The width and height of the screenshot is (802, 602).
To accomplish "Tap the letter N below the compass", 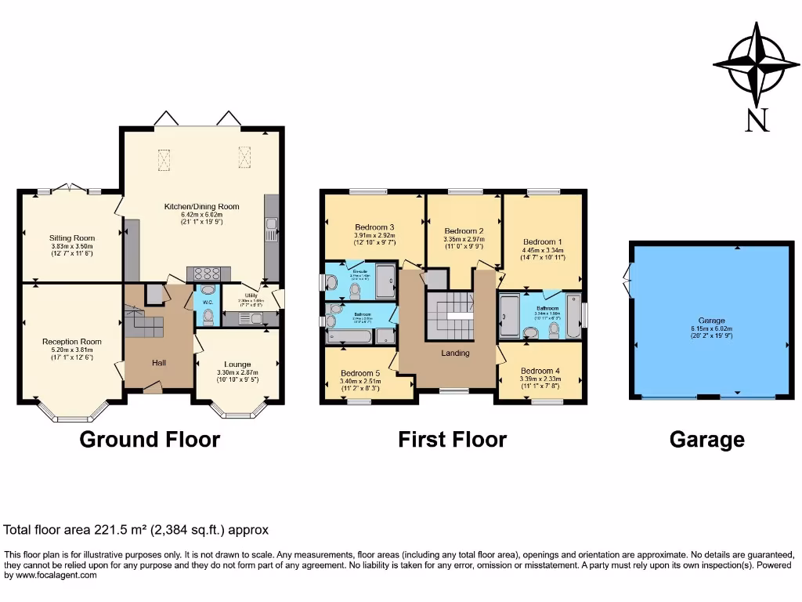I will tap(757, 120).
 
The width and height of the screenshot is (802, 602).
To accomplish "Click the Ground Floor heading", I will tap(150, 440).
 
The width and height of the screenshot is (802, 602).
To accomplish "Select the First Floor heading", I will tap(452, 440).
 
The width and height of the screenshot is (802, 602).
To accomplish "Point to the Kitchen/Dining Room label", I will tap(201, 207).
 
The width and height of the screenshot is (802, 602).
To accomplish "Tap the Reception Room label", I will tap(72, 342).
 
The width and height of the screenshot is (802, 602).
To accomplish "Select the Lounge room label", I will tap(237, 364).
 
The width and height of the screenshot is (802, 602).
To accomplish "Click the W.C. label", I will tap(208, 302).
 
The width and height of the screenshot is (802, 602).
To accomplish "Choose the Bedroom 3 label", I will tap(374, 227).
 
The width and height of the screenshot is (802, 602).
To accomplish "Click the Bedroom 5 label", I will tap(360, 373).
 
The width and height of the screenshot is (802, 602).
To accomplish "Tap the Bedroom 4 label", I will tap(540, 371).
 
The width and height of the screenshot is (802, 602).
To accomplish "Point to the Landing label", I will tap(455, 354).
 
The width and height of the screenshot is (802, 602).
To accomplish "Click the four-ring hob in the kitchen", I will tap(208, 274).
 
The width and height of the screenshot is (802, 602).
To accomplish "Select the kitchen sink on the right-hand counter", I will tap(271, 227).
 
